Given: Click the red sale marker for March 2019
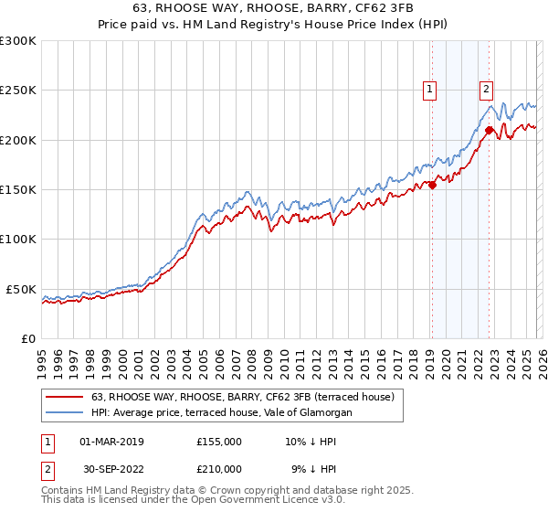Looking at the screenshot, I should pyautogui.click(x=432, y=185).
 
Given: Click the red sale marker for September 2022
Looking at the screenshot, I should pyautogui.click(x=490, y=130).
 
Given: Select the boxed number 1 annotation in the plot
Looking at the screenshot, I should pyautogui.click(x=429, y=89).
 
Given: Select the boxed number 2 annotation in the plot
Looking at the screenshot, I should pyautogui.click(x=486, y=89).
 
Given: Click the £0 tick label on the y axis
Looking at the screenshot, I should pyautogui.click(x=26, y=338).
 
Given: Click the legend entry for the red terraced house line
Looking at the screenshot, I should pyautogui.click(x=242, y=398).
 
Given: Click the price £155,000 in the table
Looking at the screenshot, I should pyautogui.click(x=218, y=441).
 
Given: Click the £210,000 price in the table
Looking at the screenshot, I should pyautogui.click(x=218, y=468).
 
